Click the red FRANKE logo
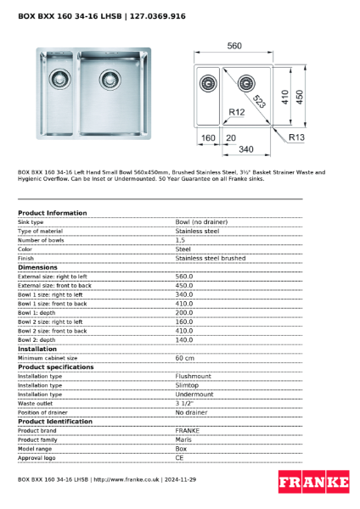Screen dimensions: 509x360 coord(313,482)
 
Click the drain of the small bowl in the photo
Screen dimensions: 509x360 coord(59,78)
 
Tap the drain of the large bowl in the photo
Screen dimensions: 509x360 coord(110,79)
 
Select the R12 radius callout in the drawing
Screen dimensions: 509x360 coord(238,112)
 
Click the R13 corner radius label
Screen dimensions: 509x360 coord(296,137)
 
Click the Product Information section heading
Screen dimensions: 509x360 coord(52,213)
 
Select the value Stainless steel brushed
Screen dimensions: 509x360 coord(210,258)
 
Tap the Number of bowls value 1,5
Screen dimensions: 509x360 coord(181,240)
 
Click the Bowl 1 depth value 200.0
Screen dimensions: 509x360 coord(184,312)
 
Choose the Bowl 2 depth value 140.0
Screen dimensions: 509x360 coord(184,339)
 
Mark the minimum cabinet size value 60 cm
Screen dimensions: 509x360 coord(185,358)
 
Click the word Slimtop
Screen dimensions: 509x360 coord(188,385)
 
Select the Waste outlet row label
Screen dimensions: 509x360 coord(36,403)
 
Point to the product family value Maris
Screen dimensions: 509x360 coord(183,439)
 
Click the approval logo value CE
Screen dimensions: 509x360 coord(180,457)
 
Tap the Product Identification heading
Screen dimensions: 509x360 coord(55,422)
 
